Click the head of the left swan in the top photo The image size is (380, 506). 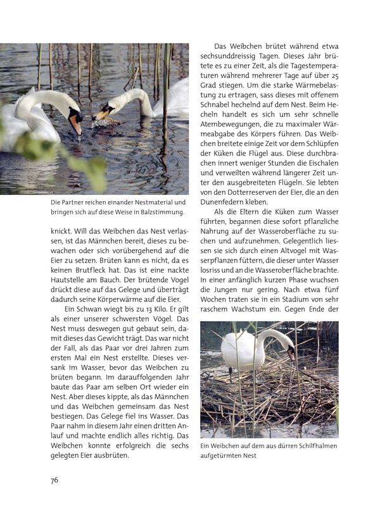(73, 117)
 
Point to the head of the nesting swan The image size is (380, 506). (289, 352)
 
